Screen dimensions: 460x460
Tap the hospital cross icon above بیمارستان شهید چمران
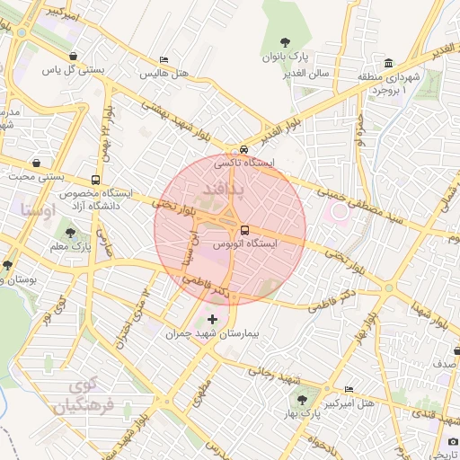[x=212, y=319]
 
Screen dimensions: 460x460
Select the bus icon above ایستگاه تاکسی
[x=243, y=150]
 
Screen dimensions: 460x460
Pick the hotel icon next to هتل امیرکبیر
[x=349, y=389]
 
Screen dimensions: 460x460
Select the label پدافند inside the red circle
[x=218, y=190]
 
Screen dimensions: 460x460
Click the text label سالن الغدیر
[x=311, y=72]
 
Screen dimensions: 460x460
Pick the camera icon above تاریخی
[x=453, y=441]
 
